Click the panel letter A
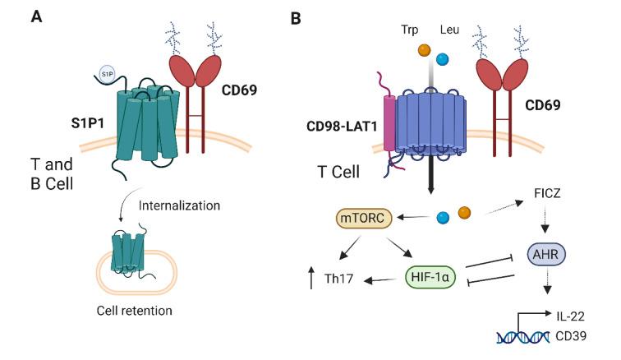tap(36, 16)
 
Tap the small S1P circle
tap(106, 74)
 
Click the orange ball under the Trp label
tap(424, 51)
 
